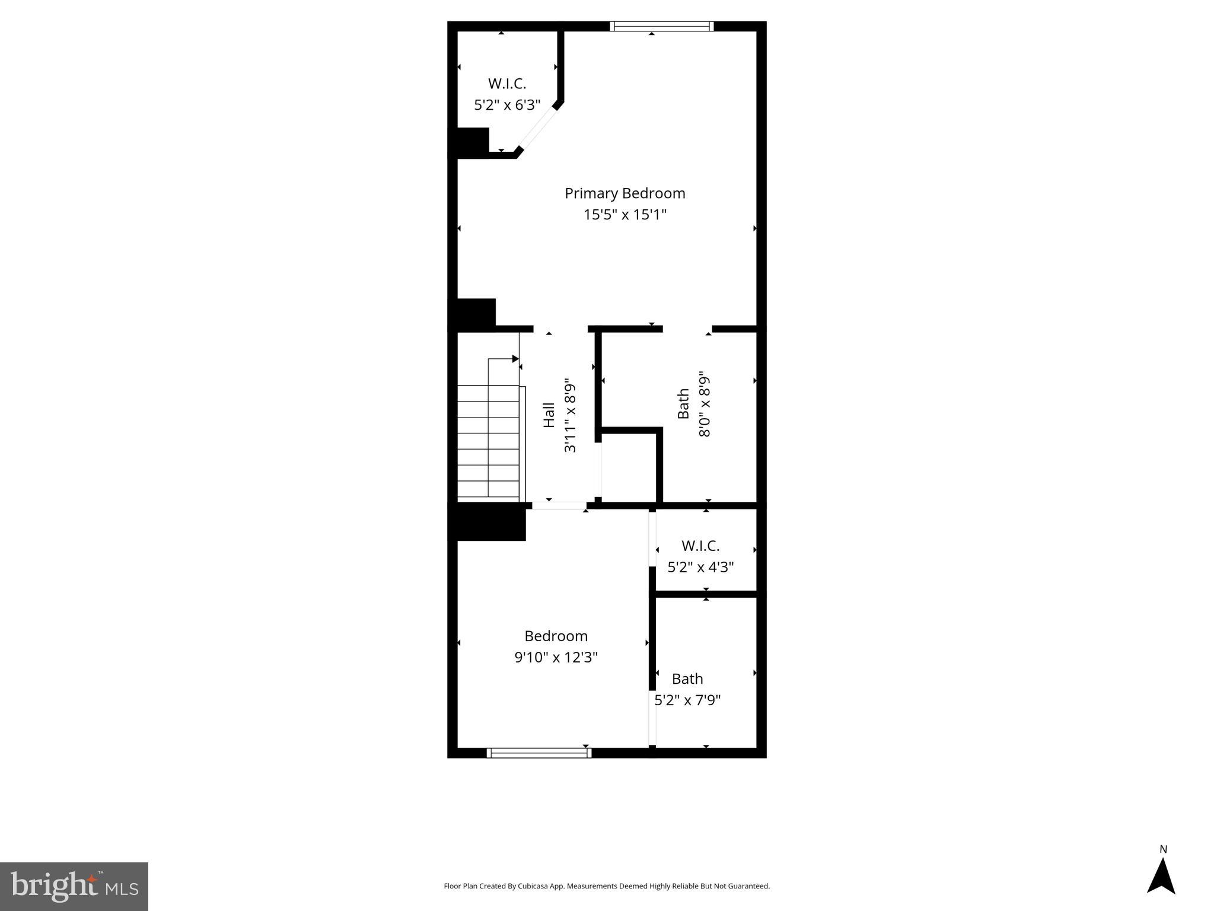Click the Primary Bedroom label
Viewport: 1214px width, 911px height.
tap(624, 193)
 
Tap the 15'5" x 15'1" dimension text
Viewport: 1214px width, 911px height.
tap(624, 215)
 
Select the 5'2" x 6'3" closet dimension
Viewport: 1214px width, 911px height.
tap(507, 106)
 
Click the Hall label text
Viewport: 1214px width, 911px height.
tap(549, 415)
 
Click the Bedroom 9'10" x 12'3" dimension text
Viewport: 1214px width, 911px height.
tap(556, 657)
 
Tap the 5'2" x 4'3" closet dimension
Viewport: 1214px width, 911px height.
tap(700, 568)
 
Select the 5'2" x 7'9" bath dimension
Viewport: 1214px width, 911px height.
tap(687, 700)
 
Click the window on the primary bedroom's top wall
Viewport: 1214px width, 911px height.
tap(661, 26)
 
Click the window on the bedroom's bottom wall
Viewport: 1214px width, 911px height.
tap(539, 753)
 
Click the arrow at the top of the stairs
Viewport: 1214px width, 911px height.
tap(515, 359)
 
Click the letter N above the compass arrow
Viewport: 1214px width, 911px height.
tap(1163, 849)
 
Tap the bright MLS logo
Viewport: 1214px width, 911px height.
tap(74, 886)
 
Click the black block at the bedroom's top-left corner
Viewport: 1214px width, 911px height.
tap(490, 522)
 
